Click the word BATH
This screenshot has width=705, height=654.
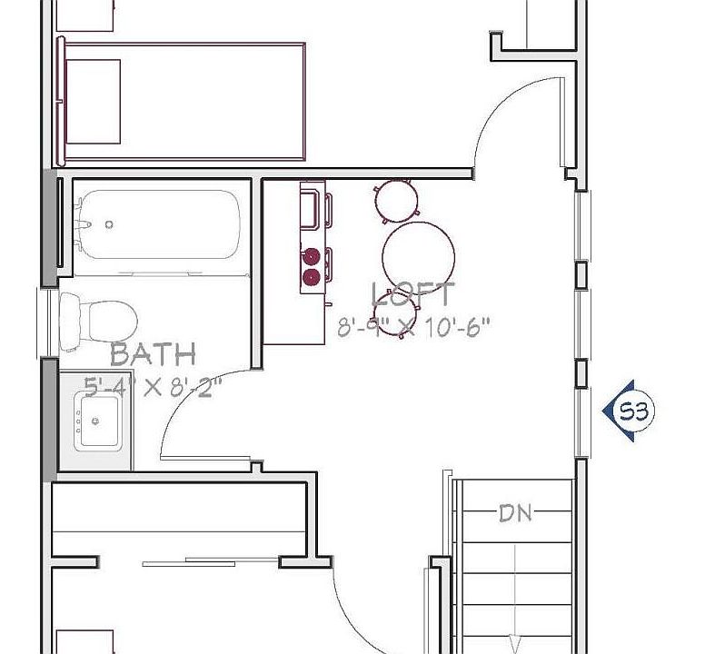coord(153,353)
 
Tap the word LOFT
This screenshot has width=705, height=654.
coord(413,295)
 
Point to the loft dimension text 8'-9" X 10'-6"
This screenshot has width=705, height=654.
coord(413,328)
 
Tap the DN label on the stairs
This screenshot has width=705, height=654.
coord(516,514)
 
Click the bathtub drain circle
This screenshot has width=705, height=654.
coord(109,224)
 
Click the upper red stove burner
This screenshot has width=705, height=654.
coord(312,256)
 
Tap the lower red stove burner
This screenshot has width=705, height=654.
coord(312,276)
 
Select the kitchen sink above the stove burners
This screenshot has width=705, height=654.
coord(311,207)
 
